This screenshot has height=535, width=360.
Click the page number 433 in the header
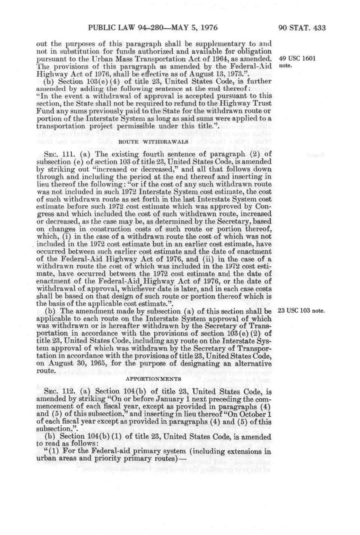(319, 28)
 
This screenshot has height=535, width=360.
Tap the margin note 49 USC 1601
(297, 59)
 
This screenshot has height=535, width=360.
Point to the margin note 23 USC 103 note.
(301, 311)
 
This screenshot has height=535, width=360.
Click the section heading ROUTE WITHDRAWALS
(153, 142)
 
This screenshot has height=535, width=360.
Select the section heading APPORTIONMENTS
(153, 379)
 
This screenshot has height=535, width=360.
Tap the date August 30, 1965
(80, 363)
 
